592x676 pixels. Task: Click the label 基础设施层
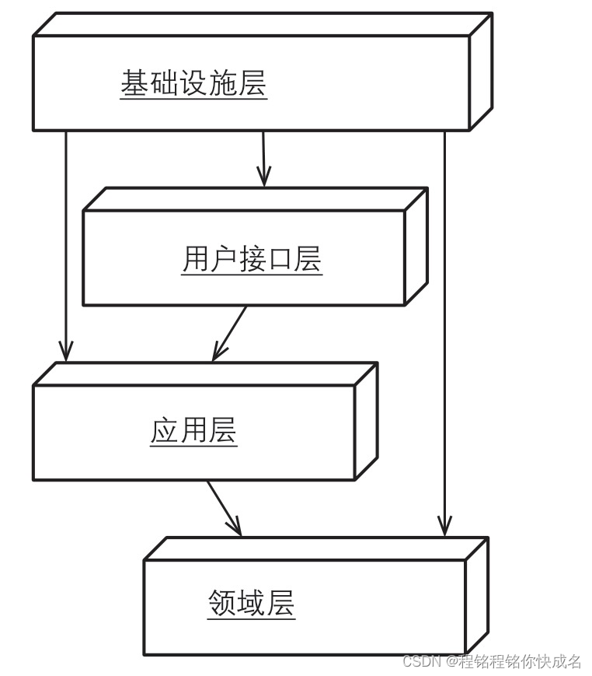[x=193, y=83]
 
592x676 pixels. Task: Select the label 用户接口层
[x=252, y=259]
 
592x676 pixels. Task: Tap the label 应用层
[x=193, y=430]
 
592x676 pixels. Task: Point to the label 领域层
[x=252, y=603]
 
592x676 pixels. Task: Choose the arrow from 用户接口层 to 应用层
[x=230, y=333]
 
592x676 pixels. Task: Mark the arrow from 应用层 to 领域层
[x=224, y=508]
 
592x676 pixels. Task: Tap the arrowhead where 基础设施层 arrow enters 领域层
[x=444, y=528]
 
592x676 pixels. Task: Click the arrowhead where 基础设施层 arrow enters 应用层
[x=66, y=352]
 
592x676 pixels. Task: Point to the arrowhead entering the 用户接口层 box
[x=264, y=178]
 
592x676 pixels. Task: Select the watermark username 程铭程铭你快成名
[x=520, y=661]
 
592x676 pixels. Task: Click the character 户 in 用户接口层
[x=224, y=259]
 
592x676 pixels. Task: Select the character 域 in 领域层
[x=252, y=603]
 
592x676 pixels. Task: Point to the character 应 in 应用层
[x=165, y=430]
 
